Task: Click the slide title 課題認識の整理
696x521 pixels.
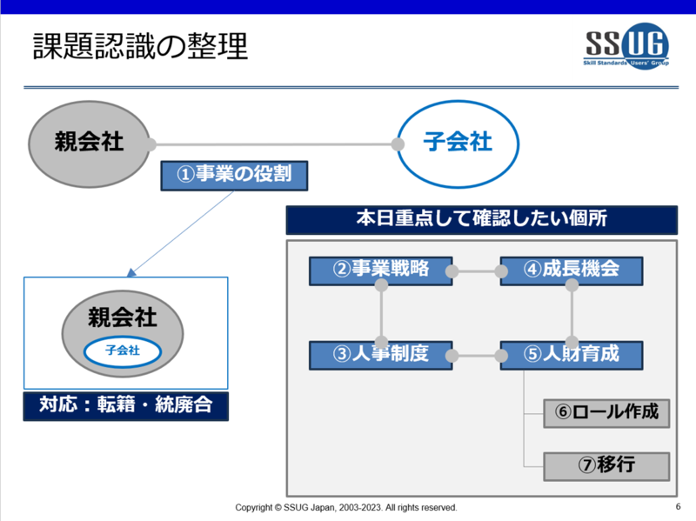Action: [140, 46]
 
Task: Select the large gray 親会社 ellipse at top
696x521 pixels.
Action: [90, 144]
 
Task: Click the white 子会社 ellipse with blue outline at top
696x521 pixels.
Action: [458, 144]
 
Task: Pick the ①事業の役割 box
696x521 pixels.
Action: [234, 176]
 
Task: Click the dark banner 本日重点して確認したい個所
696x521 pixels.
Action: [482, 220]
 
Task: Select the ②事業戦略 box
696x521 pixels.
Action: [381, 271]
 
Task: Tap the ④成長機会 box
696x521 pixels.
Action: [572, 271]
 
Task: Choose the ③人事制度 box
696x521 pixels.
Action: [381, 355]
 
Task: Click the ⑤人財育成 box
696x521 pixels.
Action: [572, 355]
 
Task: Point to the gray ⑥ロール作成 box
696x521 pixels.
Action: [606, 413]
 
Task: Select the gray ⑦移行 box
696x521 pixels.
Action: [606, 466]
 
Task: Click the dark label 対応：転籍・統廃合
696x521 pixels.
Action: [126, 406]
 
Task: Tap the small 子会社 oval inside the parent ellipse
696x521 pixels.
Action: [123, 352]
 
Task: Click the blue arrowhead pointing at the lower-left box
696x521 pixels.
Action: [131, 272]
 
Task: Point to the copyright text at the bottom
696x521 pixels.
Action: [346, 507]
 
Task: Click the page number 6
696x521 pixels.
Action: [678, 506]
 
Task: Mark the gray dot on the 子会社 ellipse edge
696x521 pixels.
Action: [398, 144]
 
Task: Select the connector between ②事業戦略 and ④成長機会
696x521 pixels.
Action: [477, 271]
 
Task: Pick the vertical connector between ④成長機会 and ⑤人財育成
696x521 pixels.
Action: [572, 313]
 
